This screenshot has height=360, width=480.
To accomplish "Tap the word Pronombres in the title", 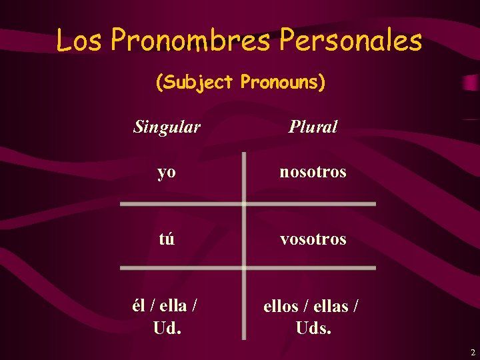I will (x=190, y=41).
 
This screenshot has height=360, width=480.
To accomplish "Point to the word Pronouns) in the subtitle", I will (x=283, y=83).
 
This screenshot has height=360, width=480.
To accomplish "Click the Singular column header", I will (x=167, y=127).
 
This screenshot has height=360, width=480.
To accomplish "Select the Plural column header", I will (x=313, y=127).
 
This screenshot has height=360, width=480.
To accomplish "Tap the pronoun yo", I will (x=167, y=173).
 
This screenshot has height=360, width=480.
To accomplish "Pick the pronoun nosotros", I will (x=313, y=172).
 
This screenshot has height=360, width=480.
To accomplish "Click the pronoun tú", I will (x=167, y=239).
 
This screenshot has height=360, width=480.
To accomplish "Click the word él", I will (x=139, y=305).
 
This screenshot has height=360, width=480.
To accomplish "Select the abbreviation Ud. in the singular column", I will (x=167, y=328).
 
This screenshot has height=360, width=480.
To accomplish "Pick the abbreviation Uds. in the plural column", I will (x=313, y=328).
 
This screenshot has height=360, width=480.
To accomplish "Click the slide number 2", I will (x=472, y=352).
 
